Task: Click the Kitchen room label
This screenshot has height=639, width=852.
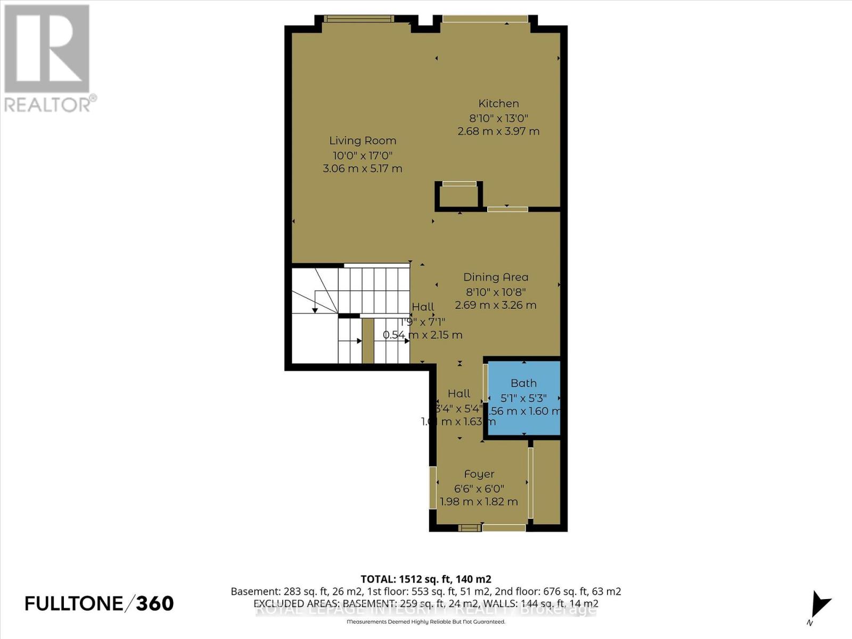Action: coord(498,104)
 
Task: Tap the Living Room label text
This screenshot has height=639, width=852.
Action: coord(363,141)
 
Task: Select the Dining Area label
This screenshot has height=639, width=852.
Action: coord(496,277)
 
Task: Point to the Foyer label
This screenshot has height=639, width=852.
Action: coord(479,474)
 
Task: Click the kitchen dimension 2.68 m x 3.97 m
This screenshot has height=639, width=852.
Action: coord(498,132)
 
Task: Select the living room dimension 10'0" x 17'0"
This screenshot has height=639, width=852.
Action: coord(363,156)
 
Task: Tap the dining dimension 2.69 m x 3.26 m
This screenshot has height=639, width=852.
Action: coord(496,306)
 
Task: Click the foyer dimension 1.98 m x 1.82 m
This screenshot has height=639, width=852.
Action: coord(479,502)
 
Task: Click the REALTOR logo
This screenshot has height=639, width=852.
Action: coord(48,59)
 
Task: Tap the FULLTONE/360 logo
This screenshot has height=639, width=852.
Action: coord(100,603)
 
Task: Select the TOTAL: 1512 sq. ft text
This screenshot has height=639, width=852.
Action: coord(425,579)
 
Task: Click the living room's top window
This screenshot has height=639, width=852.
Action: coord(359,19)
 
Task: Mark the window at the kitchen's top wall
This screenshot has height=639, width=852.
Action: coord(485,19)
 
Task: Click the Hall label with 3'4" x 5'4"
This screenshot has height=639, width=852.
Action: coord(459,394)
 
